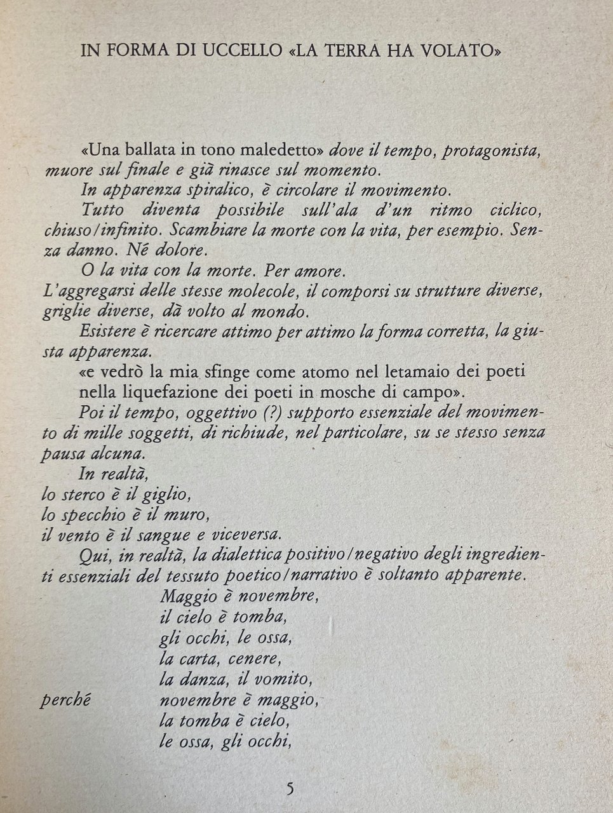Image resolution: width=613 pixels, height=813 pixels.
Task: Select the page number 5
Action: pyautogui.click(x=290, y=789)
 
